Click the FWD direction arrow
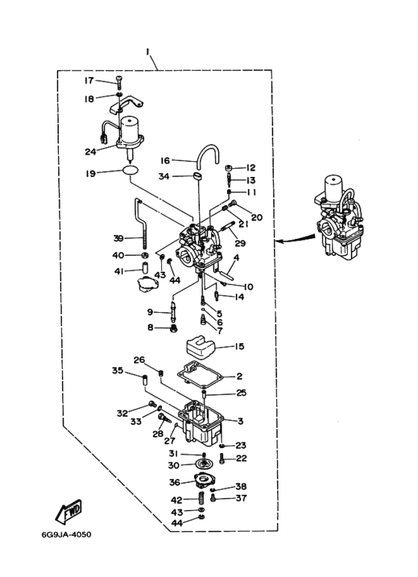coord(69,512)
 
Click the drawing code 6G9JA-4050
coord(66,534)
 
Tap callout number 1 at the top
coord(148,52)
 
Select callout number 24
coord(90,152)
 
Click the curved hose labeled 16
coord(209,154)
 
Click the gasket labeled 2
coord(200,374)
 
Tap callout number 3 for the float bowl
coord(240,421)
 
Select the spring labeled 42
coord(202,499)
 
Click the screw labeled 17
coord(119,82)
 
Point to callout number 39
coord(119,238)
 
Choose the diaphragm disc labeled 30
coord(202,464)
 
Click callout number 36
coord(175,481)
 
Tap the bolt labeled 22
coord(222,458)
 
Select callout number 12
coord(251,168)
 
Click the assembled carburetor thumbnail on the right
coord(339,218)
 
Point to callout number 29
coord(240,243)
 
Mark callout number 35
coord(118,370)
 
